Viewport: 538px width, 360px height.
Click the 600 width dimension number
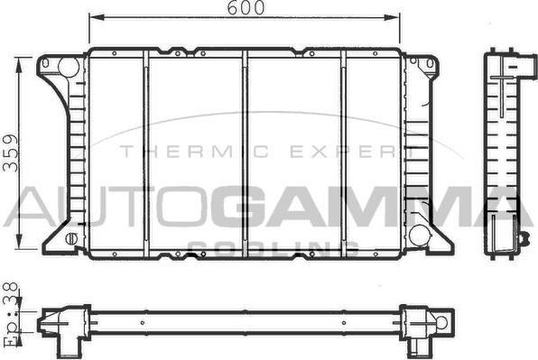click(x=246, y=8)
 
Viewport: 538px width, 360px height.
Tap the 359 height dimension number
click(x=10, y=155)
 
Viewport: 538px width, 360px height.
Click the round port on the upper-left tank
click(x=69, y=68)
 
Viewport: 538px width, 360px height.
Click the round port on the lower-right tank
click(x=419, y=235)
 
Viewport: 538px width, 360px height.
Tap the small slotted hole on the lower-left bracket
click(x=71, y=238)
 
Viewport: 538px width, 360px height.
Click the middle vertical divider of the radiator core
click(x=245, y=153)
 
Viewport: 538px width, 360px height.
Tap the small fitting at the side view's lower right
click(x=522, y=239)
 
